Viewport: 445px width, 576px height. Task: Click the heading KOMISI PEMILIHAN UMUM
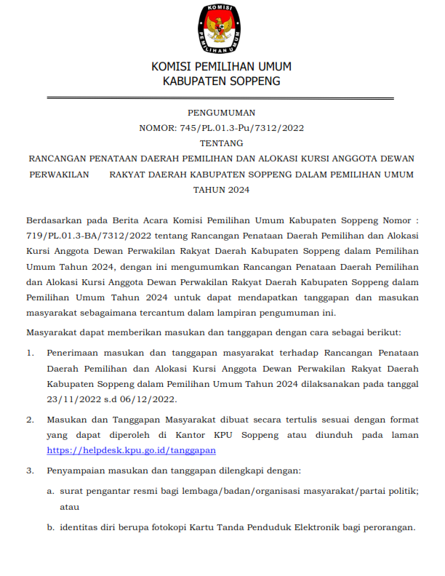[221, 67]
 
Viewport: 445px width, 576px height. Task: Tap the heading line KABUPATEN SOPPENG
[221, 81]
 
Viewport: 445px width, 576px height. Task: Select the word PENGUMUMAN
[222, 113]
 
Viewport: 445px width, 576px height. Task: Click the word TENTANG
[222, 143]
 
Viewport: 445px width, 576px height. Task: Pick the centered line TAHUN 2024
[222, 190]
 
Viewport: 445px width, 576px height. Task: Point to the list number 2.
[30, 420]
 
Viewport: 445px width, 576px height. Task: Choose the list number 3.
[30, 471]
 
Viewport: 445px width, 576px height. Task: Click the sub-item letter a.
[50, 491]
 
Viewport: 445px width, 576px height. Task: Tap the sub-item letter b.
[50, 527]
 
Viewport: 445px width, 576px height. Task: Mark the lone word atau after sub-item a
[69, 507]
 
